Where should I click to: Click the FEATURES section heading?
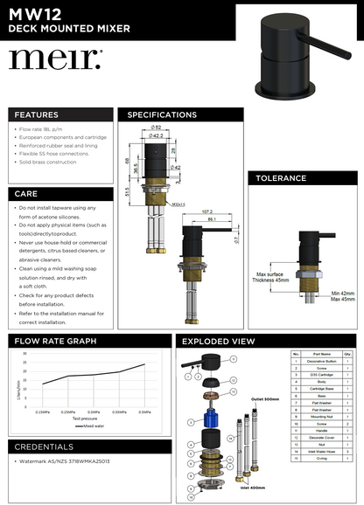tap(37, 114)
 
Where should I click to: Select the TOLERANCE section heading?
tap(280, 178)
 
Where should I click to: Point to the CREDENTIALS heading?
tap(44, 446)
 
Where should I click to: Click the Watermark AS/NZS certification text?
tap(66, 474)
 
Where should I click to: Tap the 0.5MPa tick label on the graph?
tap(144, 411)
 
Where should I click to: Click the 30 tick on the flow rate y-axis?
tap(24, 354)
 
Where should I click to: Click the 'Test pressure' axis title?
tap(85, 419)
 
